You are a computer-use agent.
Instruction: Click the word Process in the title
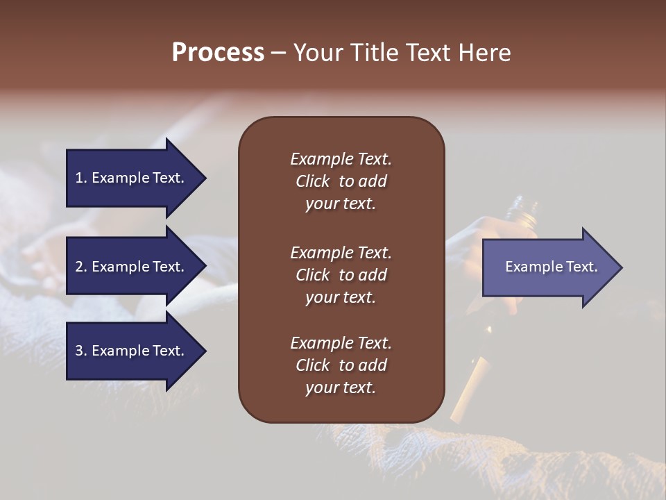tap(218, 53)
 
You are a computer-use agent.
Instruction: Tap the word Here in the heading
tap(485, 53)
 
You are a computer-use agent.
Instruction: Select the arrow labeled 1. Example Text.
tap(132, 178)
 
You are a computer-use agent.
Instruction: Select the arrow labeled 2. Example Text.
tap(132, 267)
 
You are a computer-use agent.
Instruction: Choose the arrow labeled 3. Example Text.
tap(132, 351)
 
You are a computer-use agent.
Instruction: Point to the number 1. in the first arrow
tap(81, 178)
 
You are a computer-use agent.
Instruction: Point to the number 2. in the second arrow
tap(81, 267)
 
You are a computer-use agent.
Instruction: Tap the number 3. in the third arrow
tap(81, 351)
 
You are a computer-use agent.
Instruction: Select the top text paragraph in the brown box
tap(341, 181)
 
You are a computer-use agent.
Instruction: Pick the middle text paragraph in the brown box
tap(341, 275)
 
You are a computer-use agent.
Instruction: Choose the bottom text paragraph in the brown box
tap(341, 365)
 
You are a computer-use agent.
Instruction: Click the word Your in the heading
tap(316, 53)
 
